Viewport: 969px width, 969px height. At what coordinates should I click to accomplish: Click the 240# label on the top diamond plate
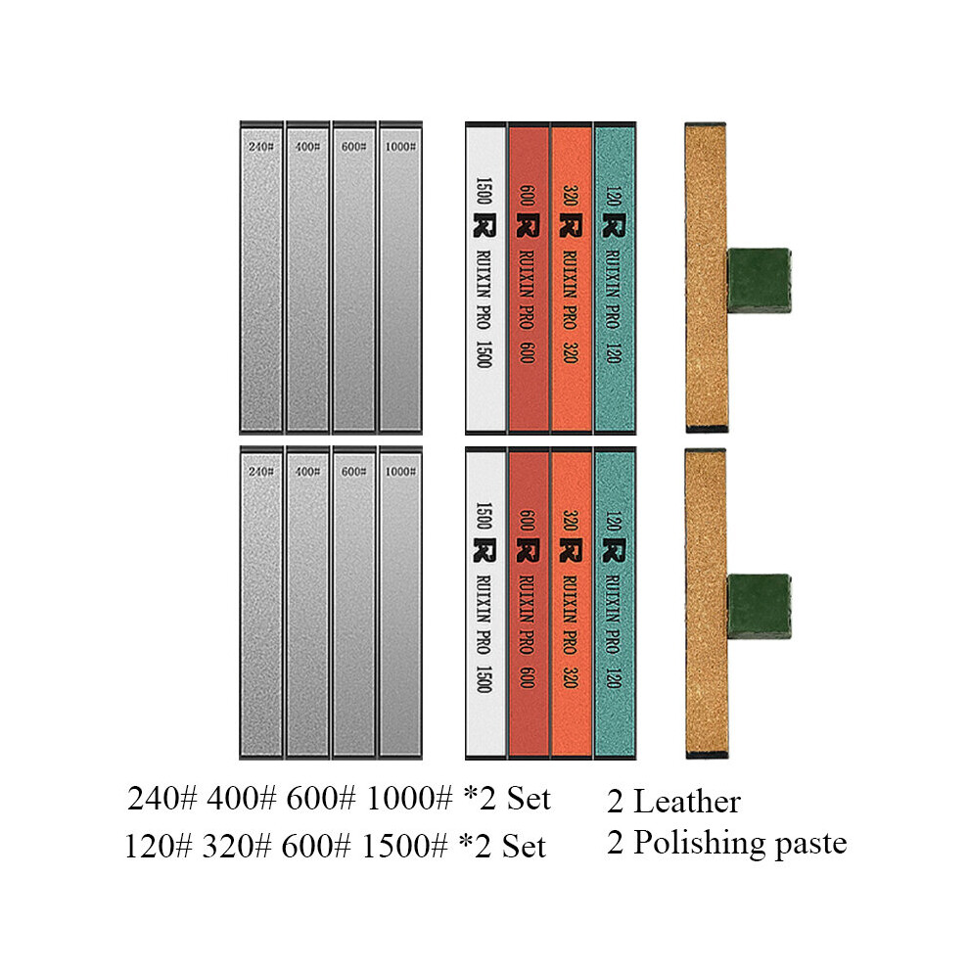point(260,147)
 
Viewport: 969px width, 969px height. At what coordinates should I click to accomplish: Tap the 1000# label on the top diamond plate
point(400,147)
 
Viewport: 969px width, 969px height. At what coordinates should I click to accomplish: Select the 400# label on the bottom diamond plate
point(307,472)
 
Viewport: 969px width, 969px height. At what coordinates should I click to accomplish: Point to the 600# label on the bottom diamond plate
point(353,472)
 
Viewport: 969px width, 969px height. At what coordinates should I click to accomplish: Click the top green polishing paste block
point(759,280)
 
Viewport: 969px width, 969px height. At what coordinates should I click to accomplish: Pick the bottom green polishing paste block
point(759,606)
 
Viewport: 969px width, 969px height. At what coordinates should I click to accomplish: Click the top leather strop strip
point(706,277)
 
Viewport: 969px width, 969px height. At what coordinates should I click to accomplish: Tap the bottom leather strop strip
point(706,604)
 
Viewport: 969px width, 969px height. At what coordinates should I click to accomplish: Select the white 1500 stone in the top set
point(485,277)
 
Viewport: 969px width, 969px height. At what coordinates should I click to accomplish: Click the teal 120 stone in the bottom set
point(615,603)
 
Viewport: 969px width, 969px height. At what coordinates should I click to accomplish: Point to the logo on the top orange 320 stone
point(570,225)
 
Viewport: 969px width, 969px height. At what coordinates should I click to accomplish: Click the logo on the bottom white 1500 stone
point(484,550)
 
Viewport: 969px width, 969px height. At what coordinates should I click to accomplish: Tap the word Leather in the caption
point(687,802)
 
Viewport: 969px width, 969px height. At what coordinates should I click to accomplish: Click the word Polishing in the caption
point(700,844)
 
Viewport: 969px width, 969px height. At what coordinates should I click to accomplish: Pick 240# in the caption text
point(161,798)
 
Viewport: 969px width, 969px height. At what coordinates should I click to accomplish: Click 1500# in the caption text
point(405,846)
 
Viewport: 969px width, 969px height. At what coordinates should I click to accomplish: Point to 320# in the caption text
point(237,846)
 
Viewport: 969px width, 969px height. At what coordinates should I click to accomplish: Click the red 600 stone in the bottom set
point(529,603)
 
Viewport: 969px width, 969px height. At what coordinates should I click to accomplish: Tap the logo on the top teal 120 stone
point(614,225)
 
